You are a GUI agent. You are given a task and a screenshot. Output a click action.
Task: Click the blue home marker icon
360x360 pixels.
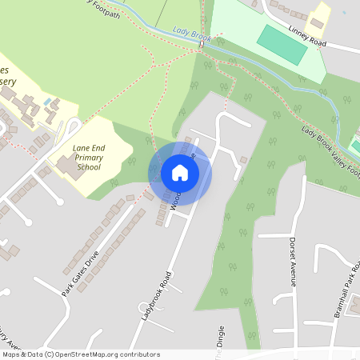[x=180, y=173]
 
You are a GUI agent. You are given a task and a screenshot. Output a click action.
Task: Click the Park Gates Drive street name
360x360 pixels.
[x=80, y=274]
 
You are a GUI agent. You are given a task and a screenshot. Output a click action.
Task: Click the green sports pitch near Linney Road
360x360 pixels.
[x=282, y=44]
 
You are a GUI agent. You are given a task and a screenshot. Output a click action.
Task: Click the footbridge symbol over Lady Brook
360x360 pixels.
[x=202, y=45]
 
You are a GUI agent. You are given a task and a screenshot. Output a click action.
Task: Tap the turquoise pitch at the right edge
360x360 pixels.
[x=355, y=146]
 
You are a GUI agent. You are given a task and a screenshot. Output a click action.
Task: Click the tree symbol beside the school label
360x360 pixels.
[x=131, y=161]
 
